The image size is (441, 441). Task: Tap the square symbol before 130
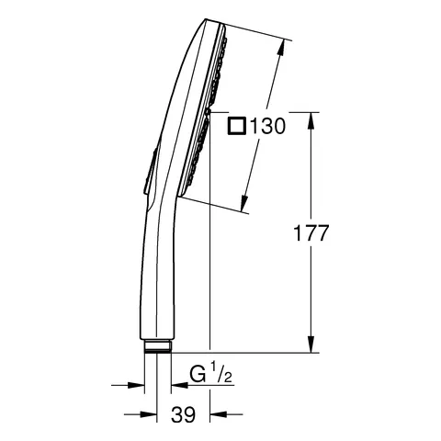tap(236, 129)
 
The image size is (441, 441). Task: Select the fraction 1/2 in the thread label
tap(217, 375)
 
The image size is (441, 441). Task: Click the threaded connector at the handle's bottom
tap(157, 347)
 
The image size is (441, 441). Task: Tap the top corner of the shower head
tap(212, 23)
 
